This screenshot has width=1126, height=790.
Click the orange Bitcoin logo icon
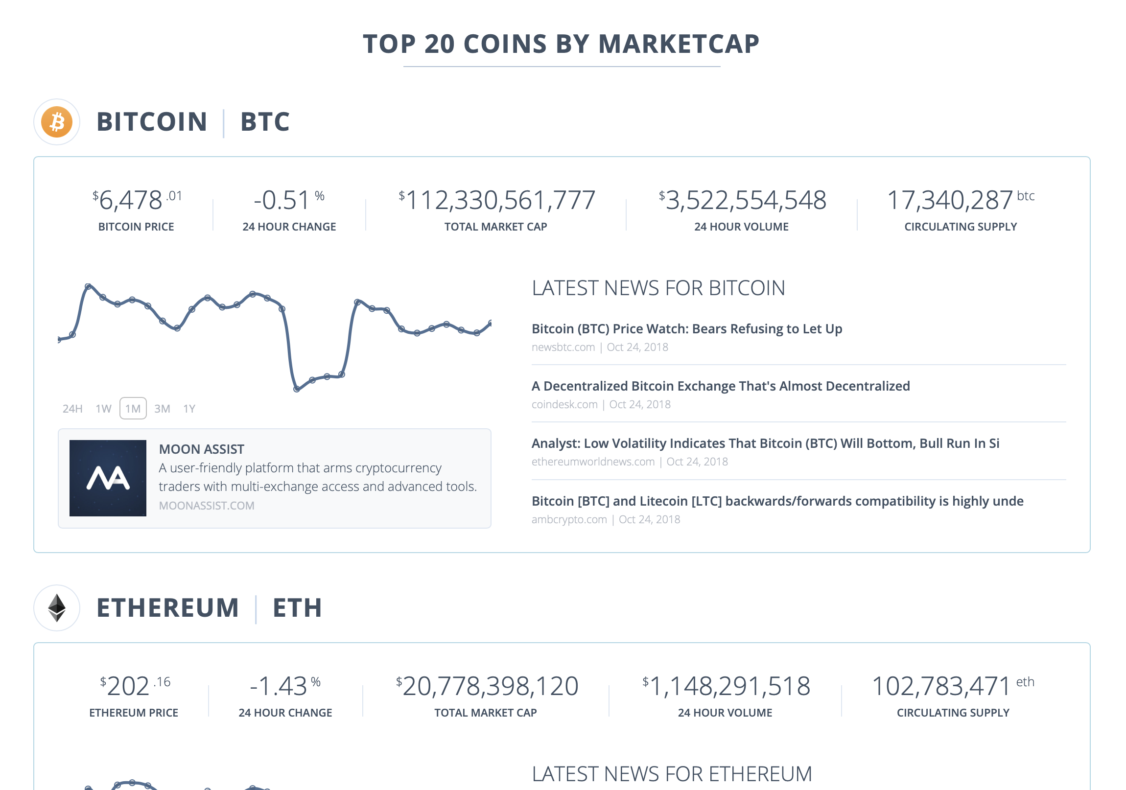coord(57,121)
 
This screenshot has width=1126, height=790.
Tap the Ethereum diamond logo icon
coord(57,607)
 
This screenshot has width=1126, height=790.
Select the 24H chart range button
coord(72,409)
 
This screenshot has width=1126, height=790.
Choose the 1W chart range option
coord(103,409)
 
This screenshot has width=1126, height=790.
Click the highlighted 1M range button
coord(133,409)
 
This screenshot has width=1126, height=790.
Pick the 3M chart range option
coord(162,409)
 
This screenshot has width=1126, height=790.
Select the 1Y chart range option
coord(189,409)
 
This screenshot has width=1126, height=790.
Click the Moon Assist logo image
coord(108,478)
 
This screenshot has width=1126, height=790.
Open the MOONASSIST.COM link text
coord(207,506)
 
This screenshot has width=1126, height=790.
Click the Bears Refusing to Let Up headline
coord(686,328)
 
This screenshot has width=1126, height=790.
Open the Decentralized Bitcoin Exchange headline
coord(721,386)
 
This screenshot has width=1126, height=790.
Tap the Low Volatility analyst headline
coord(765,443)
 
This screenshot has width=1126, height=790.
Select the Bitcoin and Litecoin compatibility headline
coord(777,501)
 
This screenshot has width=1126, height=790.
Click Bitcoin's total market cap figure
coord(496,200)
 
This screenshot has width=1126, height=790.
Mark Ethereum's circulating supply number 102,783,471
coord(940,686)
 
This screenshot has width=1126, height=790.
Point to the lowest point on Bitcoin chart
coord(297,389)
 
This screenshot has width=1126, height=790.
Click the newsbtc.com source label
coord(563,347)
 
